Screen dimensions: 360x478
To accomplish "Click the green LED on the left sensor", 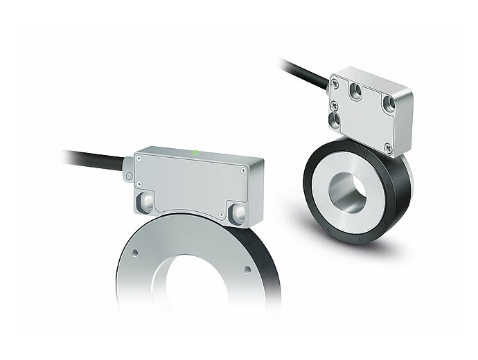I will click(197, 152).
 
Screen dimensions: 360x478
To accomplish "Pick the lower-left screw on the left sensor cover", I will click(139, 184).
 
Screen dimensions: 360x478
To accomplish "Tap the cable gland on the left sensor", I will click(128, 169).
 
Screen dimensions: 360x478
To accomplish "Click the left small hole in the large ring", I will click(135, 252).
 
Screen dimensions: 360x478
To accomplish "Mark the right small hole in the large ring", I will click(247, 269).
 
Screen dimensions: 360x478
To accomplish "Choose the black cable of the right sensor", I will click(305, 75).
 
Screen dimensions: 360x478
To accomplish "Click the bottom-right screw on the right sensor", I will click(388, 147).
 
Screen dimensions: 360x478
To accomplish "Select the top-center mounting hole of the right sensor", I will click(356, 91).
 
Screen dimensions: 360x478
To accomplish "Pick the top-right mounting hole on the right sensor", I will click(390, 105).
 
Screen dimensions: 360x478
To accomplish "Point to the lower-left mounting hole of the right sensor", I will click(335, 120).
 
